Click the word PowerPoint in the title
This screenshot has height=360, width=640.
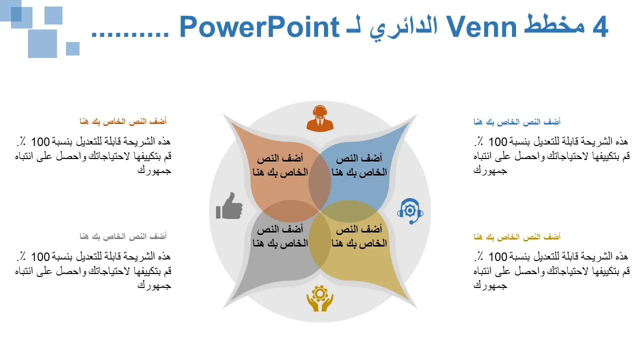[x=259, y=27]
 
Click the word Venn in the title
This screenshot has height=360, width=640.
[x=481, y=27]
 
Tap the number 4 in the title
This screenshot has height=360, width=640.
[x=600, y=27]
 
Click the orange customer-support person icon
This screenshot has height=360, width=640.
[x=320, y=118]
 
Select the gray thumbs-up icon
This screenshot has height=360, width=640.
[x=229, y=205]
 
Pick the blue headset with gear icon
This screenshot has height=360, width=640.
[x=410, y=211]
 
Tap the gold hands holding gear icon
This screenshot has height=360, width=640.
[x=320, y=298]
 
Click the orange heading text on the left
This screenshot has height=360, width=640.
[x=123, y=121]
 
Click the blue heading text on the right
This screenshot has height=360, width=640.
[x=517, y=122]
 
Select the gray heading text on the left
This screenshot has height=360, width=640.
[x=123, y=236]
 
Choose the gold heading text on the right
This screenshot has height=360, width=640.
[x=517, y=237]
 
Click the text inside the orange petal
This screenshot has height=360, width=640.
[x=280, y=165]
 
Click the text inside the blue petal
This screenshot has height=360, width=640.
[x=359, y=165]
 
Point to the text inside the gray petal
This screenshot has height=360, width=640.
[x=280, y=236]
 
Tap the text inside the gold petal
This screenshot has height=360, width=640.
[x=359, y=236]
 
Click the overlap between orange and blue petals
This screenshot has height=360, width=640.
[x=320, y=183]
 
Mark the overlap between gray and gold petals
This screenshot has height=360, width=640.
[x=320, y=243]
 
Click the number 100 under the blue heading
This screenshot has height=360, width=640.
[x=497, y=142]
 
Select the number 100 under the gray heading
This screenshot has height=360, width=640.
[x=40, y=257]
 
